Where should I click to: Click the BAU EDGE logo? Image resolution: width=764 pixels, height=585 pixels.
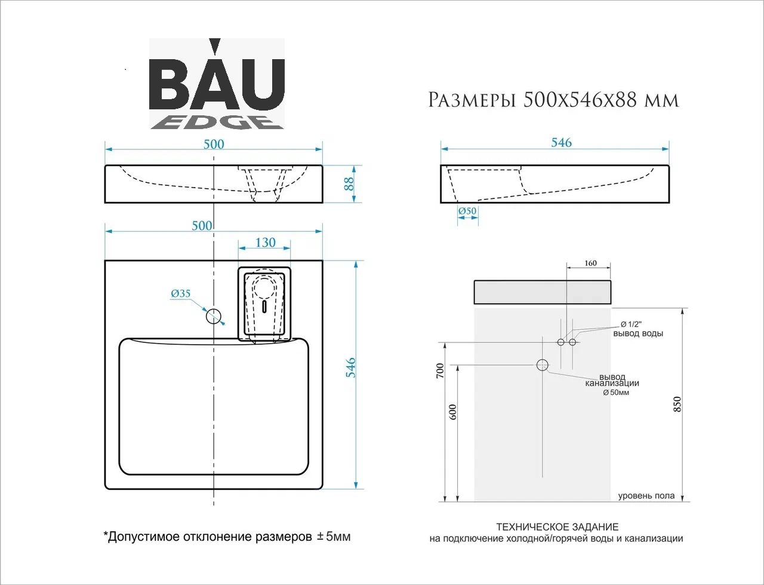click(x=217, y=84)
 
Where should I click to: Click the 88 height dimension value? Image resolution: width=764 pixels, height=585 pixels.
click(x=349, y=183)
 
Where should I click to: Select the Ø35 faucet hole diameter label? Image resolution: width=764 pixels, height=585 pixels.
click(x=181, y=294)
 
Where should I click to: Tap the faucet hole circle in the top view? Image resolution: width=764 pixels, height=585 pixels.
click(x=214, y=316)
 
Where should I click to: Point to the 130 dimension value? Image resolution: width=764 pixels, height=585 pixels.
click(x=265, y=243)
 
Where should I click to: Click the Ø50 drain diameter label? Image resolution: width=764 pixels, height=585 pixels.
click(x=467, y=211)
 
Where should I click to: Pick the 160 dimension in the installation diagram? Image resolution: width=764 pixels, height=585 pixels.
click(x=590, y=263)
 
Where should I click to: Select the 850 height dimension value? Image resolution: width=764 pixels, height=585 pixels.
click(x=677, y=404)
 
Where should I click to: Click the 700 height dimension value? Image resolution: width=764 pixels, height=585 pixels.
click(x=440, y=370)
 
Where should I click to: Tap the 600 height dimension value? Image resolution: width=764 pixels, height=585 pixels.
click(x=452, y=412)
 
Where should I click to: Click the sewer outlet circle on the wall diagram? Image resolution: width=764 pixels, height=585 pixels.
click(x=543, y=365)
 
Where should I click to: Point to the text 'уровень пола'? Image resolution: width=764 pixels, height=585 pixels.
click(x=646, y=495)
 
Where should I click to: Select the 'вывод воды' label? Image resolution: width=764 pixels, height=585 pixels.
click(x=638, y=333)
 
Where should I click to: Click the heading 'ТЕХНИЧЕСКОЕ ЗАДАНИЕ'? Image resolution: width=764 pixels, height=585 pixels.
click(x=557, y=526)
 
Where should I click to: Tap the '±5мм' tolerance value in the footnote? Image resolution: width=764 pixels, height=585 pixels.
click(x=334, y=537)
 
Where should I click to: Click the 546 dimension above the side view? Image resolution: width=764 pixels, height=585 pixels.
click(x=562, y=142)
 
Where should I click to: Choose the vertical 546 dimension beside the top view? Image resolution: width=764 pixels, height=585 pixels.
click(x=351, y=367)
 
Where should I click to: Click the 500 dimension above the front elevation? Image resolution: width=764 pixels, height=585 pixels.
click(x=214, y=144)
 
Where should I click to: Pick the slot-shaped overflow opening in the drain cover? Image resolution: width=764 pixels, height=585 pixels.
click(x=265, y=307)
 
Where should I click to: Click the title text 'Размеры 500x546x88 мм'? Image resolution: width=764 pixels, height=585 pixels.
click(x=553, y=100)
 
